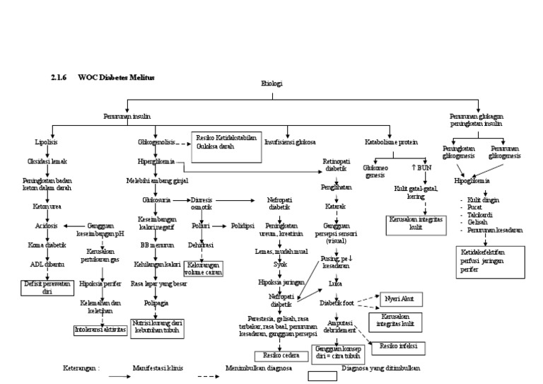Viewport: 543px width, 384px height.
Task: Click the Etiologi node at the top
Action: pyautogui.click(x=271, y=83)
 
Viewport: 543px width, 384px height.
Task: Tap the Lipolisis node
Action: pyautogui.click(x=46, y=142)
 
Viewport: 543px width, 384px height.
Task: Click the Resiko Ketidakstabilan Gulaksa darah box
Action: pyautogui.click(x=227, y=141)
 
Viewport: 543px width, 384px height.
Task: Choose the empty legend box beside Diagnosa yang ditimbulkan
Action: pyautogui.click(x=321, y=377)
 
